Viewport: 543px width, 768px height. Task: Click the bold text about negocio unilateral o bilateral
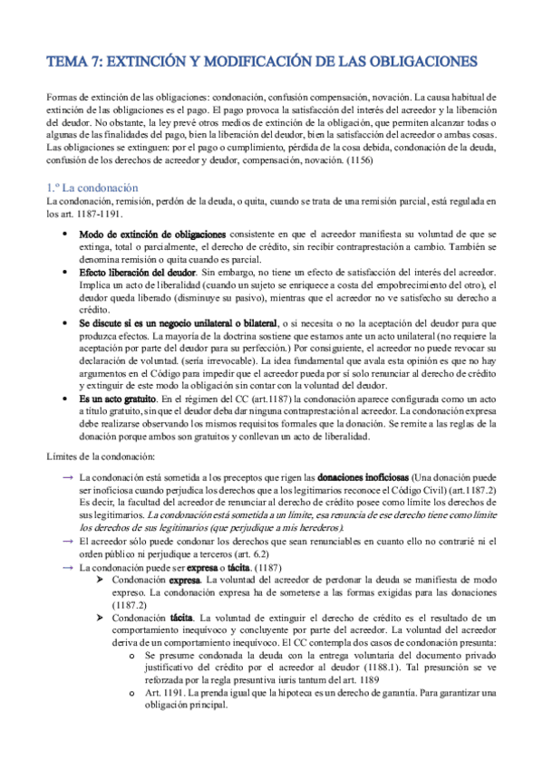point(180,323)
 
